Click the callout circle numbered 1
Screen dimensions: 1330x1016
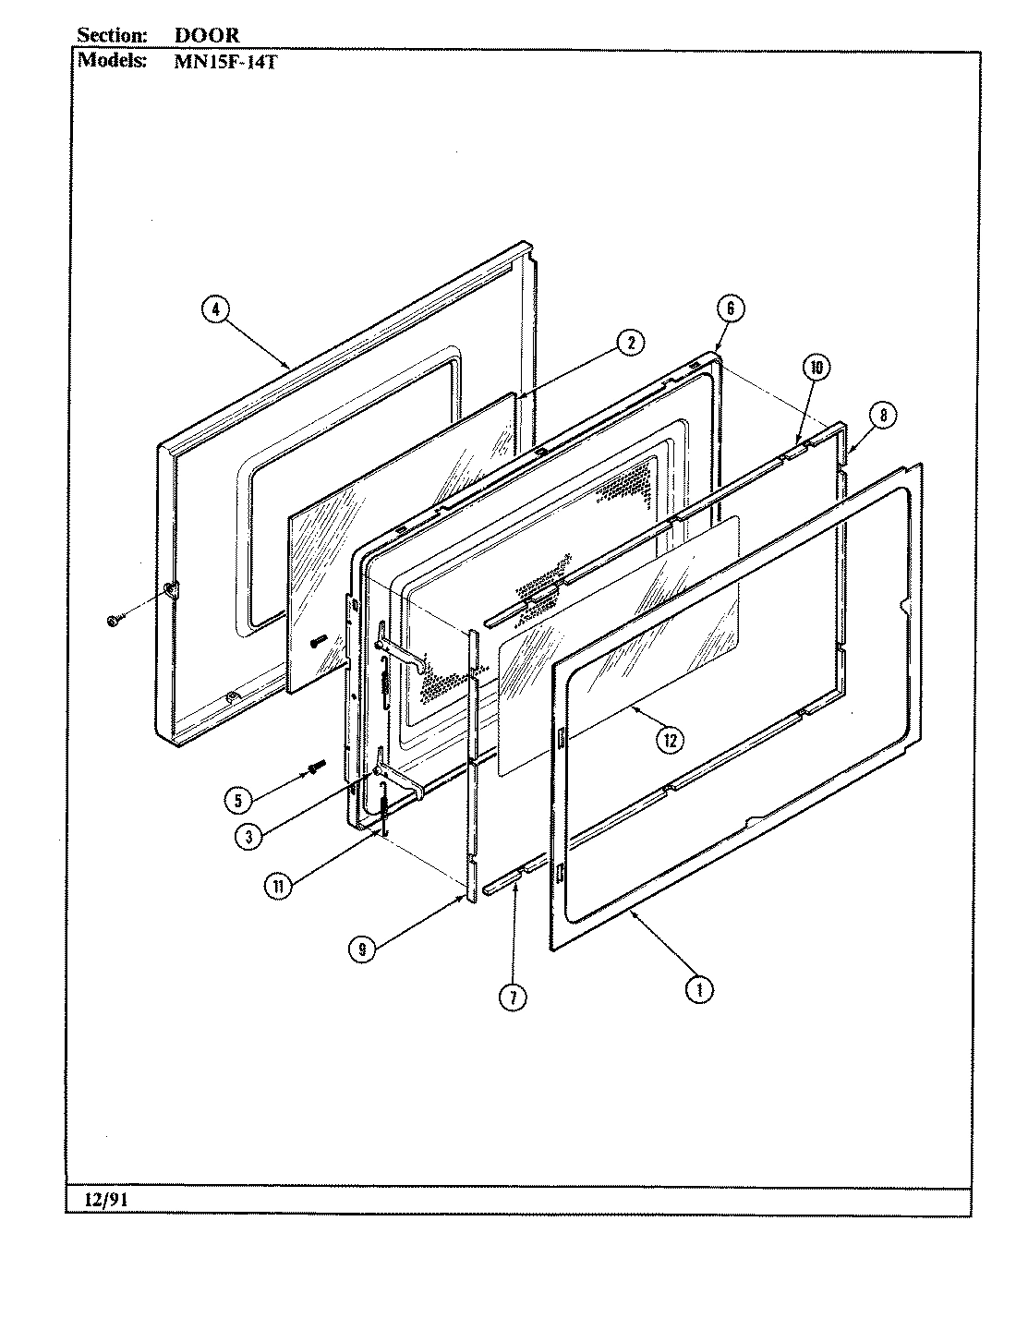pyautogui.click(x=699, y=989)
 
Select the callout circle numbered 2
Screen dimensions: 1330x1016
pyautogui.click(x=630, y=343)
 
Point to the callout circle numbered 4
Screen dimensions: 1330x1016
pyautogui.click(x=214, y=310)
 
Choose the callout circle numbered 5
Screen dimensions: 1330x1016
pyautogui.click(x=239, y=800)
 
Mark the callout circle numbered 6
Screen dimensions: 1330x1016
pyautogui.click(x=730, y=308)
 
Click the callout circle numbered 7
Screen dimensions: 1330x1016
pyautogui.click(x=514, y=997)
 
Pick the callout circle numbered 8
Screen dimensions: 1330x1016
pyautogui.click(x=882, y=416)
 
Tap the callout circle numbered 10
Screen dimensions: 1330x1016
pyautogui.click(x=815, y=368)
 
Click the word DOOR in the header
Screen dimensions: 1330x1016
pyautogui.click(x=207, y=35)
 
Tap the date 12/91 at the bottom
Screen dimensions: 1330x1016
pyautogui.click(x=101, y=1200)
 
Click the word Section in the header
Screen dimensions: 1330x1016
pyautogui.click(x=111, y=35)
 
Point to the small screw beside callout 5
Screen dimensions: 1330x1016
pyautogui.click(x=318, y=766)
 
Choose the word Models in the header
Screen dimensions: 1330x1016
pyautogui.click(x=111, y=61)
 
